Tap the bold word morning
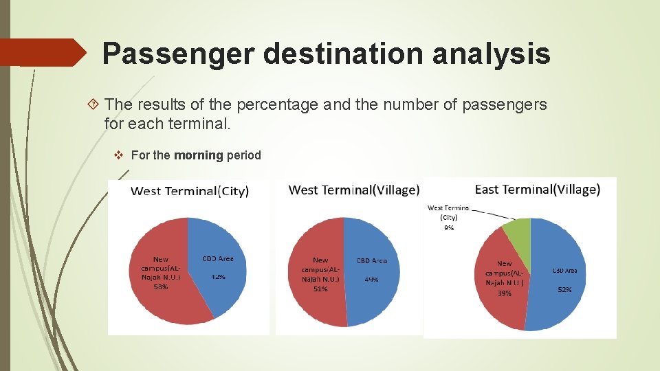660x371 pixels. (198, 155)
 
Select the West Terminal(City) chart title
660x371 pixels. (190, 190)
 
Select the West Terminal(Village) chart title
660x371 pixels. (353, 190)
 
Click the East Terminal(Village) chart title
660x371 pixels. (538, 189)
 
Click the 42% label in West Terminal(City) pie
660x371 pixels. (218, 277)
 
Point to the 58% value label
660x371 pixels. (160, 286)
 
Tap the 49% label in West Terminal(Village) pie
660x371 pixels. (372, 280)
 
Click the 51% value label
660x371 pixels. (320, 289)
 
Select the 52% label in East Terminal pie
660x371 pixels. (564, 291)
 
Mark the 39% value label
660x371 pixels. (504, 293)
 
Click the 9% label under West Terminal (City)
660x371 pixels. (448, 227)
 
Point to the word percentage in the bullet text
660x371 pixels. (277, 105)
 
